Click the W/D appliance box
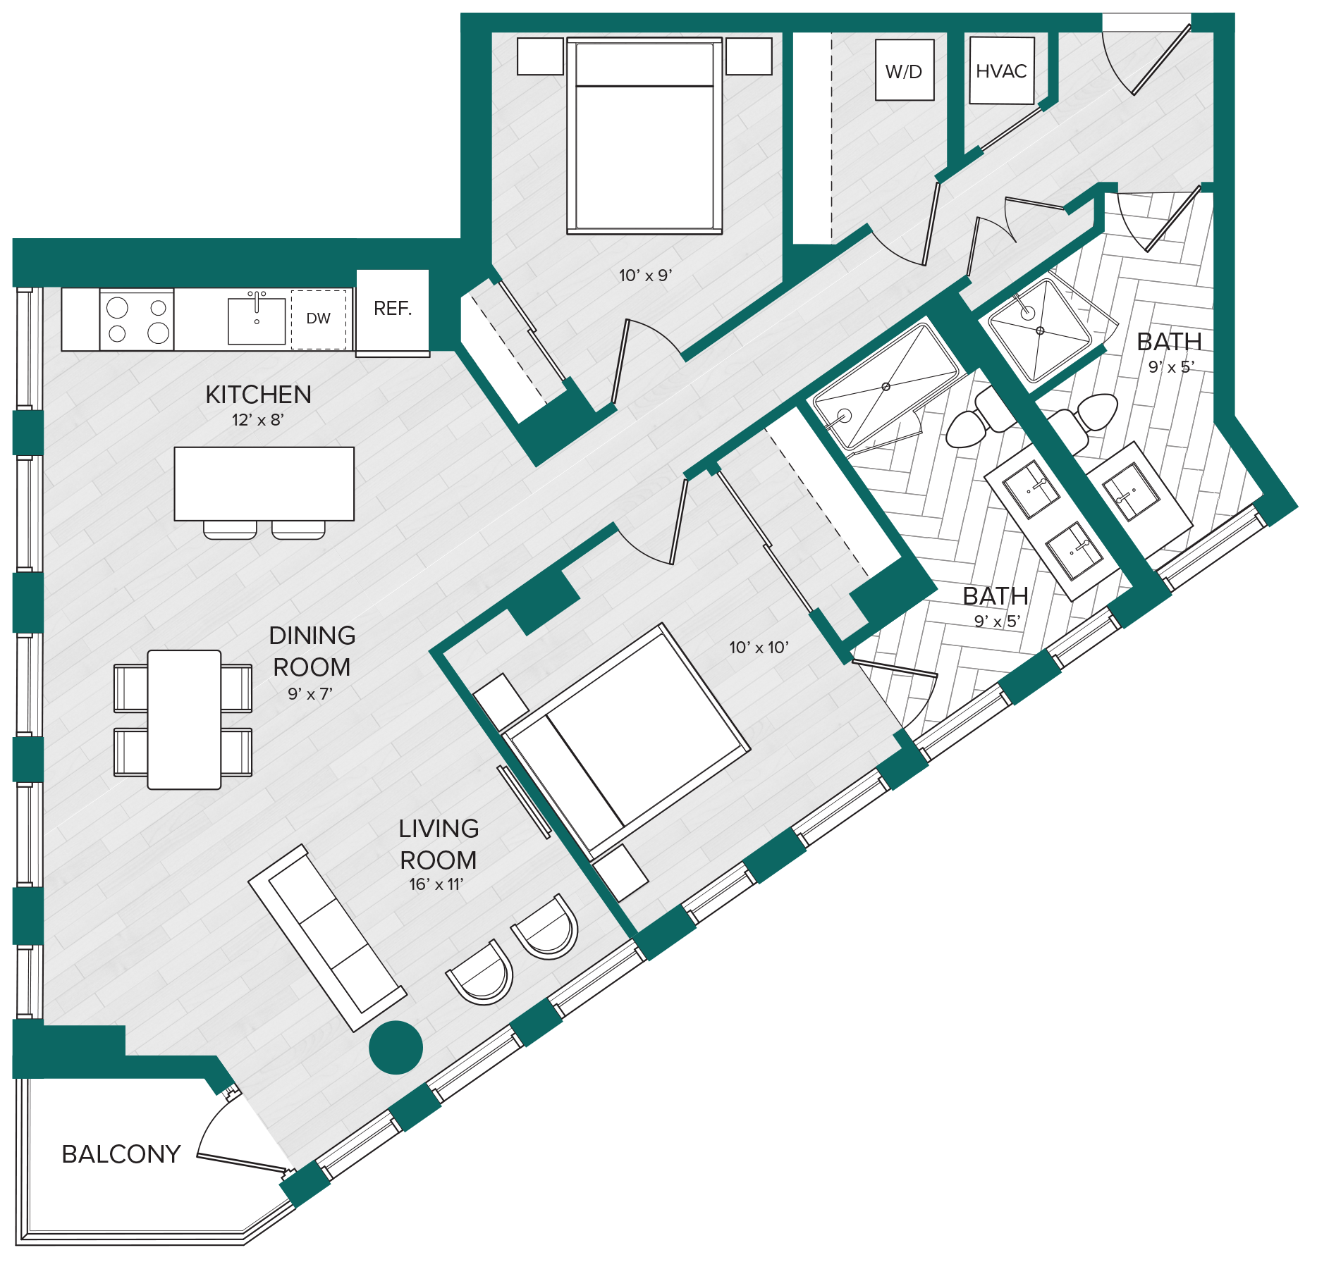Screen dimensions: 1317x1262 pos(905,70)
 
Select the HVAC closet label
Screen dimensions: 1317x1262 pos(1001,71)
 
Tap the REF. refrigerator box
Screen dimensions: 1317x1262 pos(393,313)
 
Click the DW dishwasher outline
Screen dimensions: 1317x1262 pos(319,319)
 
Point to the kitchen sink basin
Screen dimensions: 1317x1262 pos(257,321)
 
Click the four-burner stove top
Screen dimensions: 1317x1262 pos(137,319)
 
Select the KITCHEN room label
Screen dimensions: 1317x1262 pos(258,395)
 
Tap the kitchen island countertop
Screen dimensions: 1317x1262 pos(264,484)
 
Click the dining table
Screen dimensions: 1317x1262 pos(184,719)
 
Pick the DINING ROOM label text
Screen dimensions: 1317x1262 pos(312,651)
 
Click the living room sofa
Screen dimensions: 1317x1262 pos(327,938)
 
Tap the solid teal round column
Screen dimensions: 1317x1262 pos(396,1047)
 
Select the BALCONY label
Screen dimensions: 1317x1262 pos(121,1154)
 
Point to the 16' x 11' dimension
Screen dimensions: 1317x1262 pos(436,884)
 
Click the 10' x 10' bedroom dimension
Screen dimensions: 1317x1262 pos(759,647)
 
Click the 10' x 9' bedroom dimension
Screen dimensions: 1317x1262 pos(645,276)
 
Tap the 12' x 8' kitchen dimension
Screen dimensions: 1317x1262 pos(258,420)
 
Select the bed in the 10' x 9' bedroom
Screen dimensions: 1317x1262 pos(644,135)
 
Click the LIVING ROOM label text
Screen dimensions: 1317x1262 pos(439,844)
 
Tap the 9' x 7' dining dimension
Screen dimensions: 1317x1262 pos(310,694)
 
